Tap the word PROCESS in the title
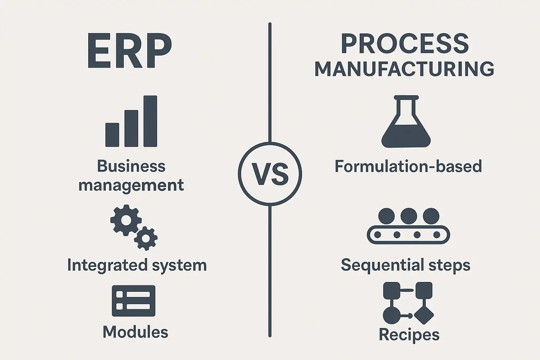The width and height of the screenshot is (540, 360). click(x=405, y=44)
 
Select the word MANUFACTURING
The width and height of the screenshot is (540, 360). click(x=405, y=69)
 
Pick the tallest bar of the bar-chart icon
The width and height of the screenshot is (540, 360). click(x=150, y=121)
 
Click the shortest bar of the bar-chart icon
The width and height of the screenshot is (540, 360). click(x=112, y=135)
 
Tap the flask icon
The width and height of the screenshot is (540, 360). click(x=406, y=121)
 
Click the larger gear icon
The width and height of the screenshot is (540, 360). click(x=126, y=220)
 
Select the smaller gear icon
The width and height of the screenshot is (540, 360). click(x=146, y=238)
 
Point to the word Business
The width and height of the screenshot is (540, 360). click(x=131, y=166)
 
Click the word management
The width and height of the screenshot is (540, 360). click(x=131, y=185)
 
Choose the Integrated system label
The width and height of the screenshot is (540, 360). click(x=137, y=265)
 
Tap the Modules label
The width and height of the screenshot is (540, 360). click(x=135, y=332)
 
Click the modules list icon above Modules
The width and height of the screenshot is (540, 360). click(x=134, y=301)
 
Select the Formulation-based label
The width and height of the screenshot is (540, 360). click(x=408, y=166)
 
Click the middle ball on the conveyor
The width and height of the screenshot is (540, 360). click(x=409, y=216)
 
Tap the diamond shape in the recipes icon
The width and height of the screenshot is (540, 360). click(x=424, y=315)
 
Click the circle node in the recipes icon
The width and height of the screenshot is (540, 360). click(x=392, y=315)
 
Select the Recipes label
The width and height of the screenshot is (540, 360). click(x=409, y=335)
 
